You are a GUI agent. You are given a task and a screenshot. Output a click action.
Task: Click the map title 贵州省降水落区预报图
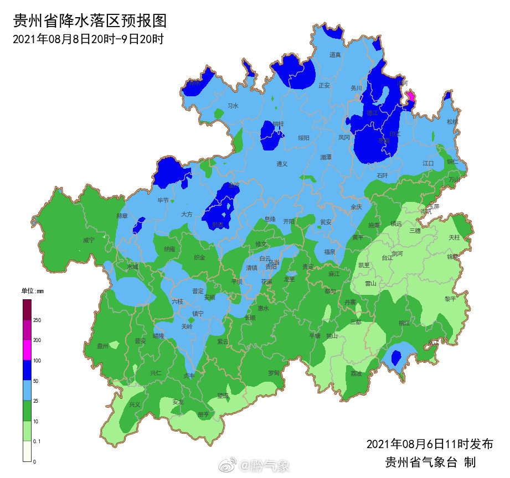[x=89, y=21]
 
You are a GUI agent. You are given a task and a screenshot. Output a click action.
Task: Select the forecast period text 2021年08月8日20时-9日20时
[x=87, y=39]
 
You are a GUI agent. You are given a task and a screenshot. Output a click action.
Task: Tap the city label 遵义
[x=282, y=164]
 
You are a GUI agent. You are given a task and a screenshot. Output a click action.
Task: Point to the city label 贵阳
[x=271, y=267]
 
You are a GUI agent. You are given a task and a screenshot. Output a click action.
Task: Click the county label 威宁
[x=89, y=240]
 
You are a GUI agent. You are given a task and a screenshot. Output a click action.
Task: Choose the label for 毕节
[x=163, y=200]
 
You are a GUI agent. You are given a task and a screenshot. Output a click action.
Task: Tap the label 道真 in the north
[x=335, y=55]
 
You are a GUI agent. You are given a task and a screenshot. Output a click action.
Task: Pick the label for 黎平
[x=450, y=299]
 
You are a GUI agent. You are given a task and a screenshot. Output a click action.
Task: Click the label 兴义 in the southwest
[x=135, y=404]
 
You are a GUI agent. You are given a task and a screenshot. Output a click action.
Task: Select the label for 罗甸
[x=274, y=373]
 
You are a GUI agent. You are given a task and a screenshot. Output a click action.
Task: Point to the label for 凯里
[x=363, y=265]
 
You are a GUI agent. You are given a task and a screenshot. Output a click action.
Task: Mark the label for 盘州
[x=103, y=346]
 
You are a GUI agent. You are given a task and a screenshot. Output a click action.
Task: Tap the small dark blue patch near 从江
[x=396, y=357]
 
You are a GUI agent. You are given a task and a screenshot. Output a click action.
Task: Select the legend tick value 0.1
[x=37, y=441]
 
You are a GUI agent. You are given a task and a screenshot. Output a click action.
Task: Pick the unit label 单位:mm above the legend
[x=32, y=291]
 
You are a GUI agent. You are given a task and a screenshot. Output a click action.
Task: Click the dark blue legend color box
[x=27, y=371]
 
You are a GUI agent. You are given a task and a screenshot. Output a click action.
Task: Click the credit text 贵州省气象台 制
[x=430, y=463]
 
